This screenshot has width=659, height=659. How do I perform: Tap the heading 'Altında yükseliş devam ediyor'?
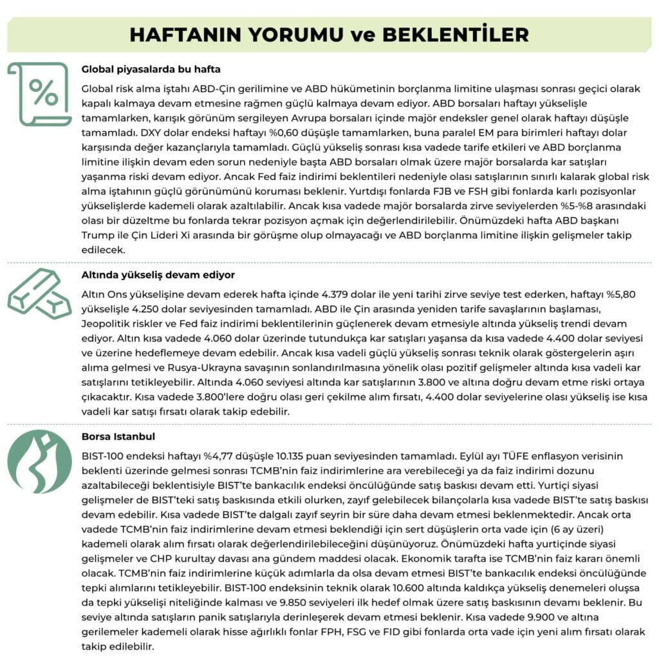tap(158, 275)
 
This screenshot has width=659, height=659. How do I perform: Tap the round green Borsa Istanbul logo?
tap(39, 461)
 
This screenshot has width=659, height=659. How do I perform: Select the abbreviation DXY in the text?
tap(160, 134)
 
